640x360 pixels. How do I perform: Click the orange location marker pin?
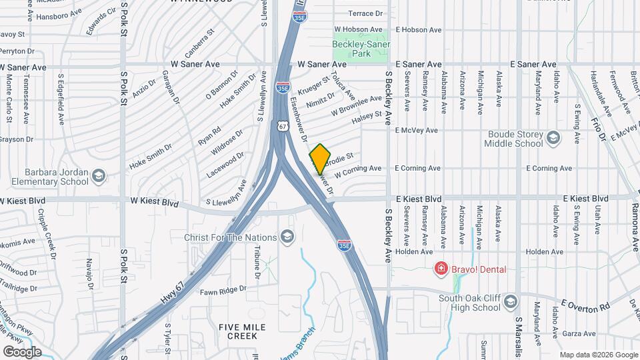pos(320,158)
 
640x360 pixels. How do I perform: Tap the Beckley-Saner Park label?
pos(360,49)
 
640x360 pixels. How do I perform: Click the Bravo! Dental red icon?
pos(440,269)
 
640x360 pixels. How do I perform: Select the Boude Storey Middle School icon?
pos(553,137)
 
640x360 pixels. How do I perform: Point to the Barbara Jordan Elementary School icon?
pos(99,176)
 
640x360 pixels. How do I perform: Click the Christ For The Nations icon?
pos(287,237)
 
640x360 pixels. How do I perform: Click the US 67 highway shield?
pos(283,125)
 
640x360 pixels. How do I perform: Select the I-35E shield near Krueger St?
pos(283,87)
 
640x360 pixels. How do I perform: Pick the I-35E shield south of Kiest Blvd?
pos(344,245)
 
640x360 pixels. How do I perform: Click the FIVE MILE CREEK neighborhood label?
pos(242,331)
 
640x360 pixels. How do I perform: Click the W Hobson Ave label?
pos(360,29)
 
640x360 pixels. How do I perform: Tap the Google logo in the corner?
pos(21,351)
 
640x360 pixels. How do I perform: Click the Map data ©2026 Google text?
pos(598,354)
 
